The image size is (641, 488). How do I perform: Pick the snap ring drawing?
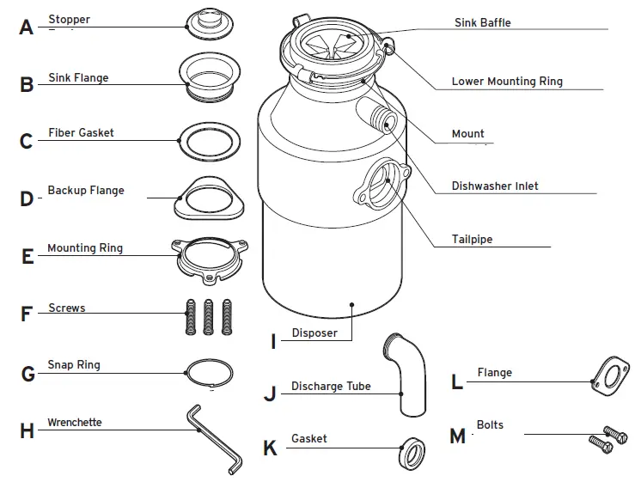pyautogui.click(x=210, y=373)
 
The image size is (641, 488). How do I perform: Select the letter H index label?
pyautogui.click(x=27, y=431)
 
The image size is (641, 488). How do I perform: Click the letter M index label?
pyautogui.click(x=457, y=436)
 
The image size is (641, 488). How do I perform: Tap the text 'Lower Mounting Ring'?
pyautogui.click(x=507, y=82)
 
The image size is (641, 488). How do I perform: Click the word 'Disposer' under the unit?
pyautogui.click(x=314, y=333)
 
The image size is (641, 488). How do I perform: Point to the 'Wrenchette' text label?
pyautogui.click(x=74, y=423)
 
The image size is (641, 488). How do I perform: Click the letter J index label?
pyautogui.click(x=270, y=394)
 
